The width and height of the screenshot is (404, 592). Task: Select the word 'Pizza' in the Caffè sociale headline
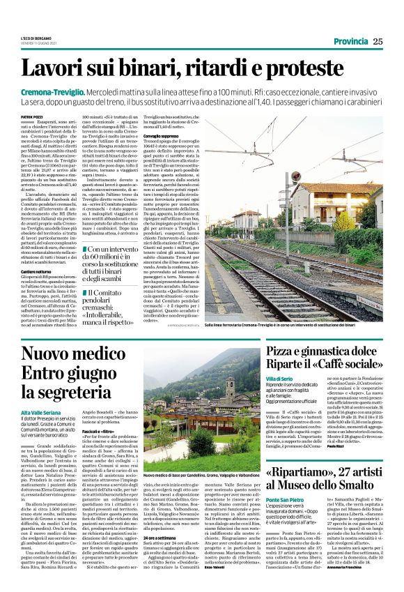[286, 351]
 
